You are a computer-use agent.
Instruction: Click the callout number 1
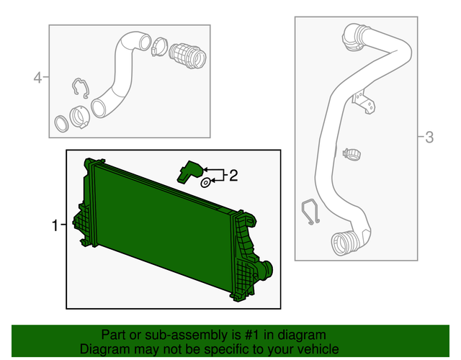tap(55, 226)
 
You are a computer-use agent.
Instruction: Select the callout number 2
tap(233, 175)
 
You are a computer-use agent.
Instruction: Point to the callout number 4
tap(37, 77)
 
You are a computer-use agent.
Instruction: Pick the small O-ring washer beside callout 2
tap(205, 183)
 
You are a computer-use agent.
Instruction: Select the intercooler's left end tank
tap(87, 209)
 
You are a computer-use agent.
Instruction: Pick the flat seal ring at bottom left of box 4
tap(63, 120)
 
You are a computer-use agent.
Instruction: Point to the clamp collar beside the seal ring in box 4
tap(80, 114)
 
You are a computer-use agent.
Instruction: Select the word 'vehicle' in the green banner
tap(318, 348)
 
